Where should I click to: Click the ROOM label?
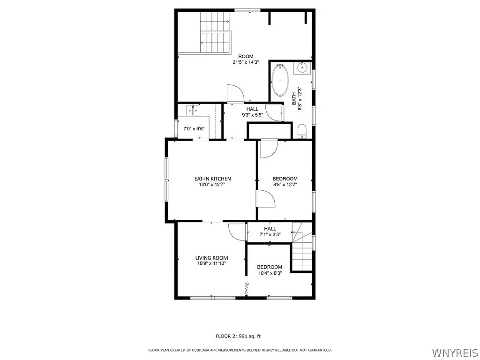246,56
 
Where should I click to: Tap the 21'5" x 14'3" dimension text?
246,62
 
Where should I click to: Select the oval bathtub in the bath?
280,80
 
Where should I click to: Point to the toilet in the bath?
302,131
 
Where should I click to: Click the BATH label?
294,99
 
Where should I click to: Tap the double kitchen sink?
193,110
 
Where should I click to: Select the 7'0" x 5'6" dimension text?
194,129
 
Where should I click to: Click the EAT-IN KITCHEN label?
213,179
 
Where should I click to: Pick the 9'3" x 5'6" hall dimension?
253,115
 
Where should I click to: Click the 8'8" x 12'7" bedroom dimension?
285,185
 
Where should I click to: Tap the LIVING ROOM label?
212,258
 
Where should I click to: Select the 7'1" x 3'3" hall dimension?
270,234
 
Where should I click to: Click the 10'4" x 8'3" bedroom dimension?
270,273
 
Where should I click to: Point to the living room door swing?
236,232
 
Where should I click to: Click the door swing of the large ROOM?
235,93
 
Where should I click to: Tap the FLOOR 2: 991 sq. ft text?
238,336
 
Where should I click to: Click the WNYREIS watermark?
455,352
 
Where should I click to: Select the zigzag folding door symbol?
247,289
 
